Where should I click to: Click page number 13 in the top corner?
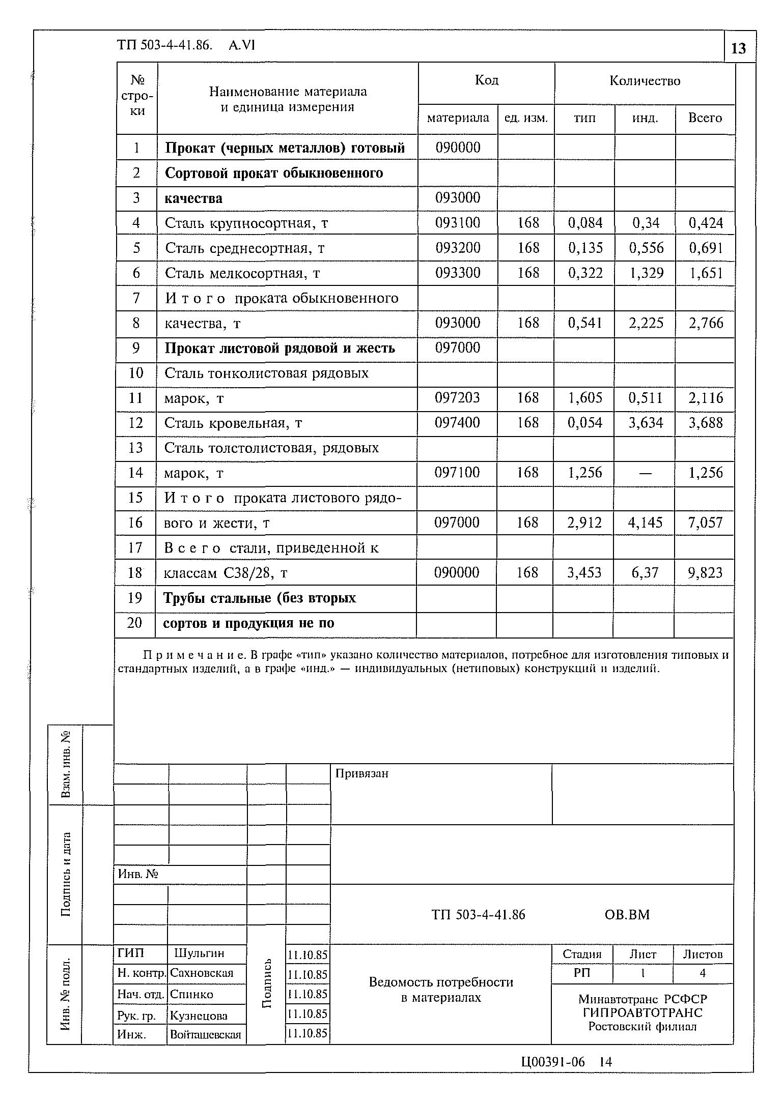pos(738,48)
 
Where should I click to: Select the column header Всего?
pos(705,118)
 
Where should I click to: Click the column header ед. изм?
pos(526,119)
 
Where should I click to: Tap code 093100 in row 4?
pos(457,223)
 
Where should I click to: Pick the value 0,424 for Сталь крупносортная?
pos(706,223)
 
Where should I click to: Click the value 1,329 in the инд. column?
pos(646,273)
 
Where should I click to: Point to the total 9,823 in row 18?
pos(705,573)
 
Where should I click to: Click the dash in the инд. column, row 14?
pos(645,473)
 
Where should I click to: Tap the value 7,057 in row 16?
pos(705,523)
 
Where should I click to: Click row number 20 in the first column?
pos(134,623)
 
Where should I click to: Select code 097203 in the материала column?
pos(457,398)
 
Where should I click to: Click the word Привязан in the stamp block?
pos(362,774)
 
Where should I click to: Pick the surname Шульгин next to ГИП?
pos(199,953)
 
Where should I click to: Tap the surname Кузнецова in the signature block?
pos(199,1016)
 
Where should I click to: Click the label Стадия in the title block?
pos(582,954)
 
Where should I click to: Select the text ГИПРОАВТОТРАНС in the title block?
pos(643,1012)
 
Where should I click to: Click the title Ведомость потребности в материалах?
pos(441,990)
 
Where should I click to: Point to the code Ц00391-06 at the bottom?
pos(553,1062)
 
